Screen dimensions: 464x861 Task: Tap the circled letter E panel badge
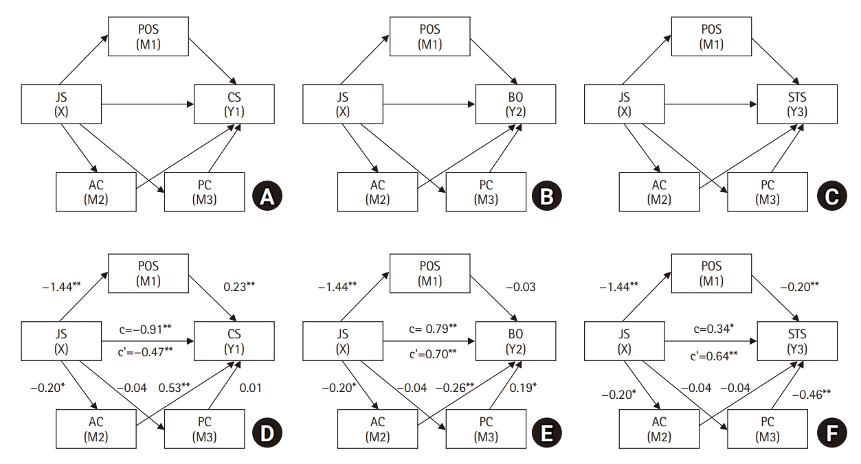[548, 433]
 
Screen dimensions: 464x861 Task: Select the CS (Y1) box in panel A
[234, 105]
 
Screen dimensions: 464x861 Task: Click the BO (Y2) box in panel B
[515, 105]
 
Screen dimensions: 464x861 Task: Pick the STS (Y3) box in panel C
[798, 105]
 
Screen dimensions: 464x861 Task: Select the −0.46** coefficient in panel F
[816, 395]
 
